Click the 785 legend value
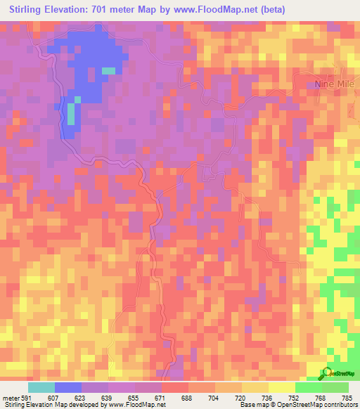(347, 398)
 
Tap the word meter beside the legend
(11, 398)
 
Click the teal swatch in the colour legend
(41, 387)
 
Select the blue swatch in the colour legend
(68, 387)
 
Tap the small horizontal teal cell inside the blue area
(108, 70)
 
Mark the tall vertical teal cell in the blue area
(71, 113)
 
